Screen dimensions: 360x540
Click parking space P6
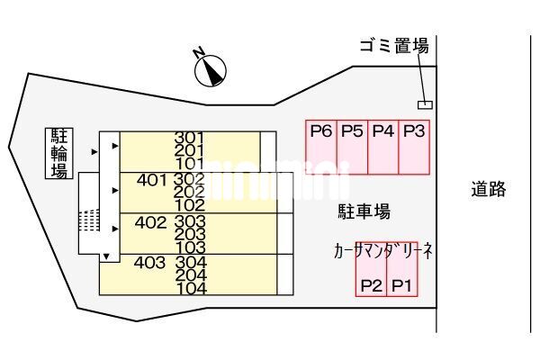point(321,147)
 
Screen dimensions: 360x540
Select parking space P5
point(352,147)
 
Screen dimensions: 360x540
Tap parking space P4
point(383,147)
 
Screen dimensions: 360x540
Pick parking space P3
point(414,147)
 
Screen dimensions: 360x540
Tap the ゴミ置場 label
point(393,47)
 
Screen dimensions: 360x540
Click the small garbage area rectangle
point(425,104)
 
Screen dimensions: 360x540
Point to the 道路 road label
point(488,189)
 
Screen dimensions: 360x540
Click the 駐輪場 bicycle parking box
point(59,153)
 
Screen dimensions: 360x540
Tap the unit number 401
point(152,179)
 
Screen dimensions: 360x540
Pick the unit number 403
point(149,263)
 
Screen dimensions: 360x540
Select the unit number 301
point(190,138)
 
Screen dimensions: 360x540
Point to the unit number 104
point(192,289)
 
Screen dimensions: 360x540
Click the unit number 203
point(191,234)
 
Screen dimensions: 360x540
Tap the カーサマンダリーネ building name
point(383,252)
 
